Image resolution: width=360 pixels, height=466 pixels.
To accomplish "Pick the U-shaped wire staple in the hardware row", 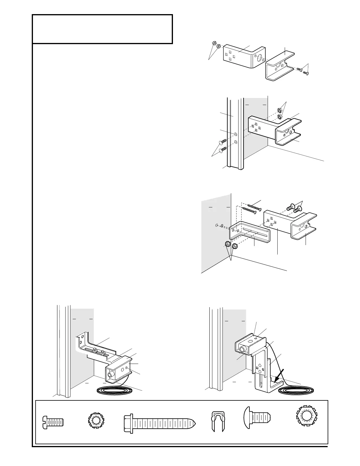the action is click(218, 421).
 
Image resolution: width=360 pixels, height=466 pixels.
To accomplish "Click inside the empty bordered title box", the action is click(102, 29).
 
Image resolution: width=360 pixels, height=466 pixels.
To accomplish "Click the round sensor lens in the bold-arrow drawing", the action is click(243, 349).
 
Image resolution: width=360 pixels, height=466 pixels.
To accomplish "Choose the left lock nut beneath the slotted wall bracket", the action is click(227, 245).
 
